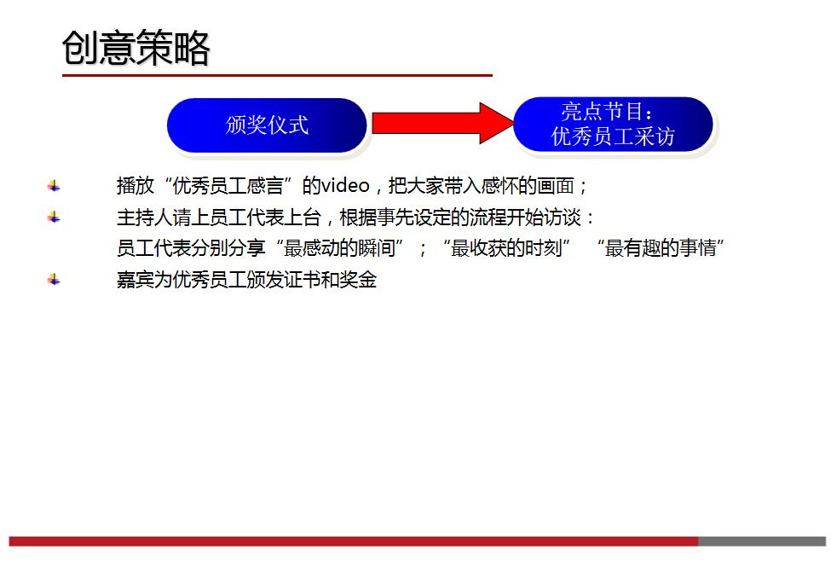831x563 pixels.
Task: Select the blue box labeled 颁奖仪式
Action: (x=267, y=125)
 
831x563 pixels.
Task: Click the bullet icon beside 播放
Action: (x=54, y=186)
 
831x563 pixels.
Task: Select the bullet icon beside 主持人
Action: (x=54, y=217)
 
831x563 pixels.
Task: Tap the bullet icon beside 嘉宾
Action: (x=54, y=279)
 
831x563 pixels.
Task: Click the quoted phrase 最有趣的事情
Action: (x=664, y=248)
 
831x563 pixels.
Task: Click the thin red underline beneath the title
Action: (x=277, y=75)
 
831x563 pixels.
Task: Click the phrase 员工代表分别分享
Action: (x=191, y=248)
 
